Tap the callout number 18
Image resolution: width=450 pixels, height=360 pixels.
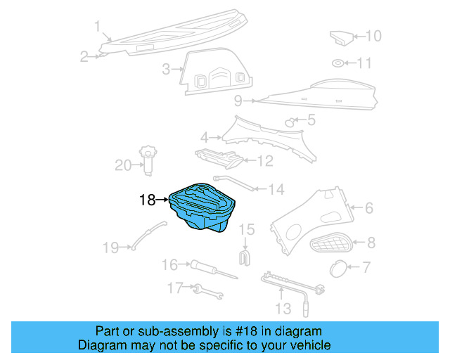click(146, 200)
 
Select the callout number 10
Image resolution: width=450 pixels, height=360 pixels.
click(373, 36)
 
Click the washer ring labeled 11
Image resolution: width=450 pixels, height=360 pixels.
click(338, 64)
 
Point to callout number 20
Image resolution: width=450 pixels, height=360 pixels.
click(123, 165)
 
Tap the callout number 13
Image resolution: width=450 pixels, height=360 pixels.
click(282, 308)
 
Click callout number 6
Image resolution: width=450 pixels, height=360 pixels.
click(368, 207)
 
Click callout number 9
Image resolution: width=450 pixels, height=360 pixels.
click(238, 100)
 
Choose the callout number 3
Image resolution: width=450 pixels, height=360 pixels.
click(166, 70)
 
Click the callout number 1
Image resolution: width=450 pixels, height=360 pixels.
click(97, 27)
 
